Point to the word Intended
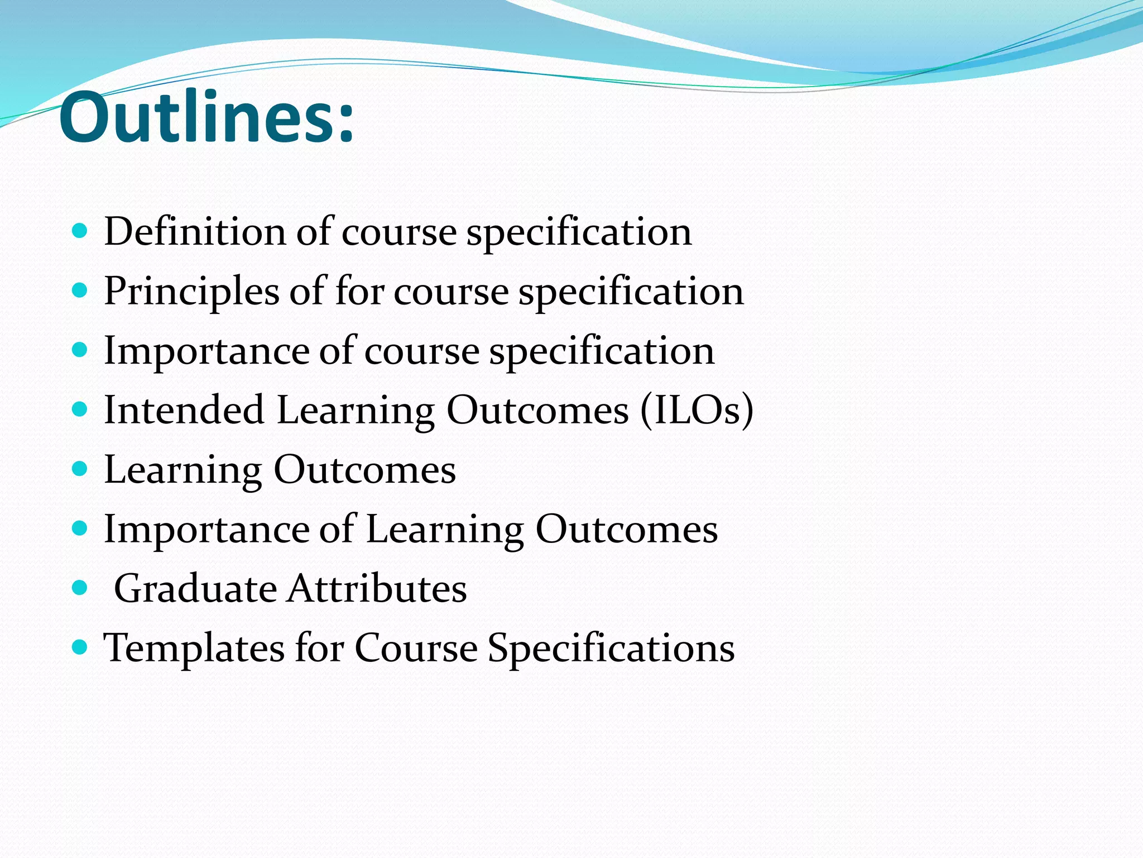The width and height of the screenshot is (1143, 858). pyautogui.click(x=184, y=410)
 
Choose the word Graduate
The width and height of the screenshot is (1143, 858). pyautogui.click(x=195, y=589)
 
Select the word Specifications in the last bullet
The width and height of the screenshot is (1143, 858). pyautogui.click(x=611, y=649)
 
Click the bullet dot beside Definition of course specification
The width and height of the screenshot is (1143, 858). pyautogui.click(x=80, y=231)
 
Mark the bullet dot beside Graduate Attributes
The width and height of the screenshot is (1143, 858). pyautogui.click(x=80, y=588)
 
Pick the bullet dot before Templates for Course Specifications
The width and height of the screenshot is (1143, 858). pyautogui.click(x=80, y=647)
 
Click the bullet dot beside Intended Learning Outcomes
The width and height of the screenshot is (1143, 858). pyautogui.click(x=80, y=409)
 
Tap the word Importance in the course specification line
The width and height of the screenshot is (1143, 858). pyautogui.click(x=206, y=351)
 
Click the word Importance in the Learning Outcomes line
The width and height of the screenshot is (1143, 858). pyautogui.click(x=206, y=530)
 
